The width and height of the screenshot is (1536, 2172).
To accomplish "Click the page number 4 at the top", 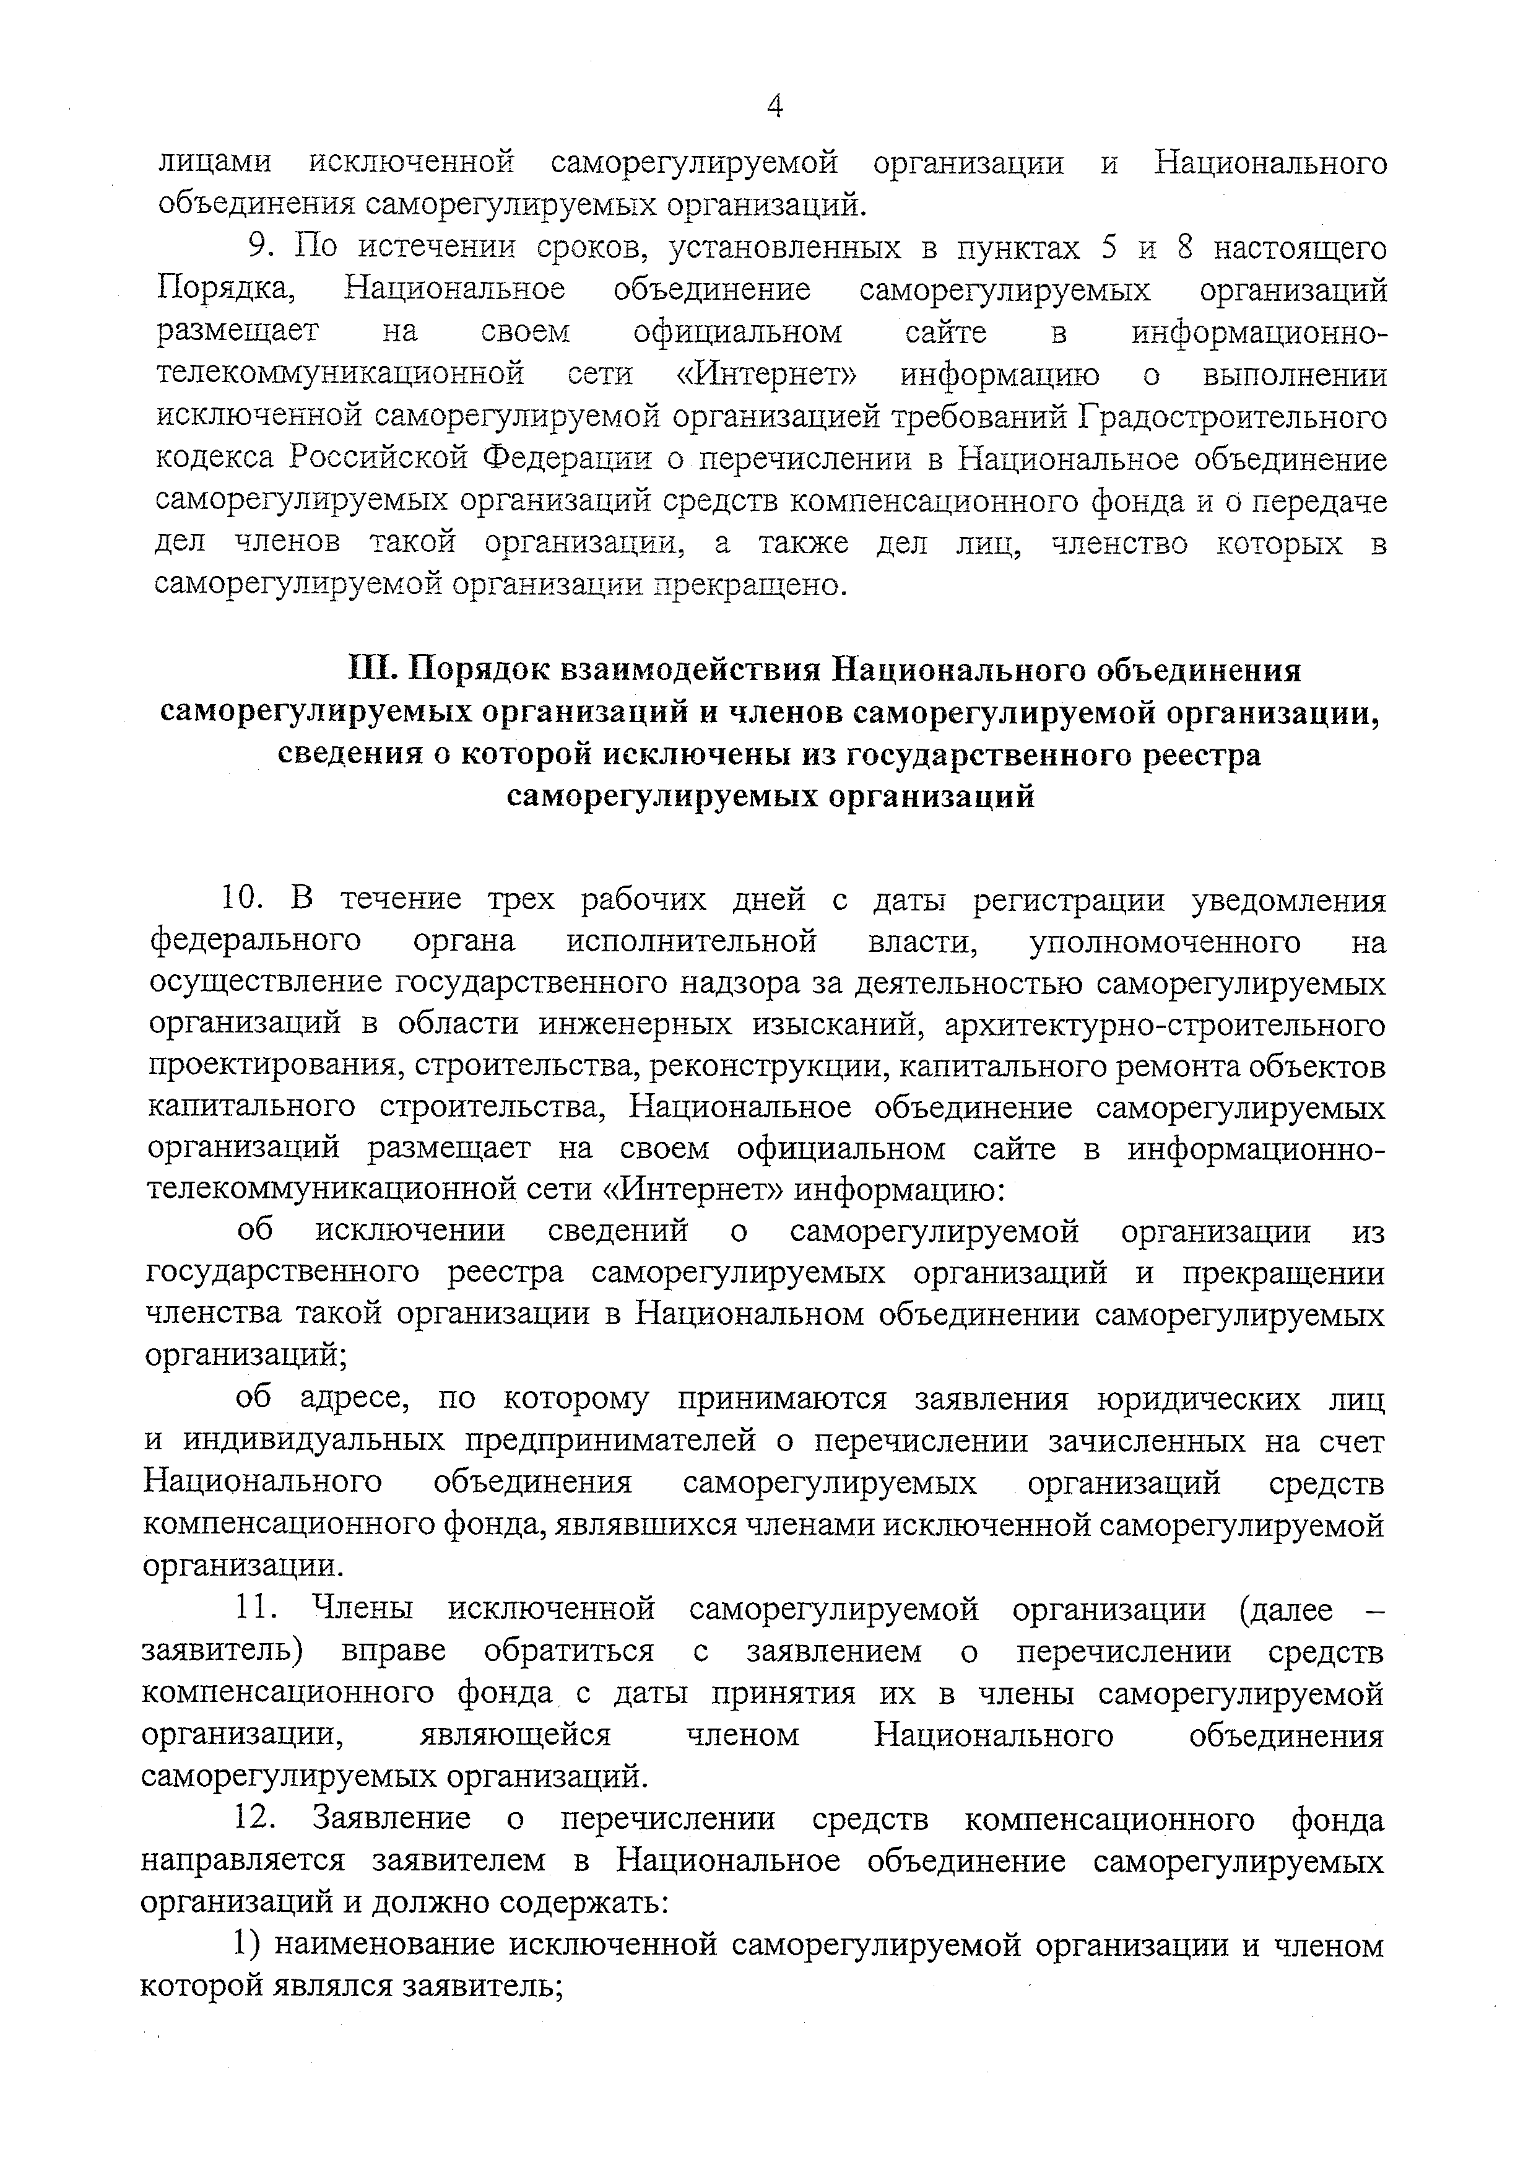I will point(774,107).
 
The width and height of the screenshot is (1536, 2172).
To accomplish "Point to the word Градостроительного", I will point(1231,416).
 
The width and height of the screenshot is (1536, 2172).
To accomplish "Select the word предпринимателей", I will point(612,1440).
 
